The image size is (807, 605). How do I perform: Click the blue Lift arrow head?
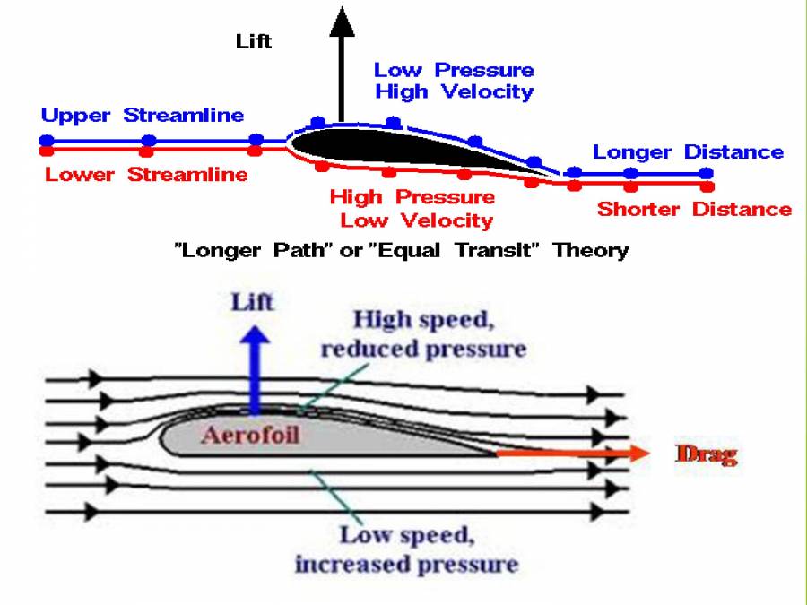pos(257,337)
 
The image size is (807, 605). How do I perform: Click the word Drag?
pos(706,454)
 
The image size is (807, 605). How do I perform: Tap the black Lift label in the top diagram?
pos(254,41)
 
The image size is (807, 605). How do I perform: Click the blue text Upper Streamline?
pos(143,116)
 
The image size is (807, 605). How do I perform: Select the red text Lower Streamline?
pos(146,174)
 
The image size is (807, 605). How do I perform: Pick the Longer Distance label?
pos(688,152)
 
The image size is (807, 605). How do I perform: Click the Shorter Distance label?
pos(694,210)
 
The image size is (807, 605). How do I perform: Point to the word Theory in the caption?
pos(591,250)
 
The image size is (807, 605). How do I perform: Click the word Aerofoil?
pos(250,436)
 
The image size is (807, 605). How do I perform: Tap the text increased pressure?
pos(406,565)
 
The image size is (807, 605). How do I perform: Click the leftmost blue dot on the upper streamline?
pos(47,140)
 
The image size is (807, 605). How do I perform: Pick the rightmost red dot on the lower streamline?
pos(707,187)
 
